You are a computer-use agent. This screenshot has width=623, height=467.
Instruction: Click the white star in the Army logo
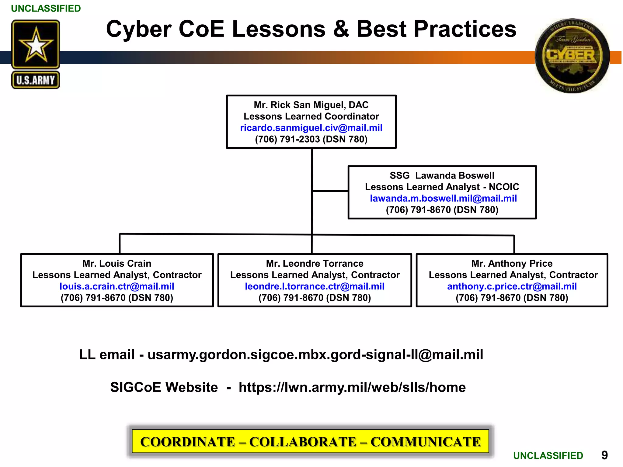pos(36,46)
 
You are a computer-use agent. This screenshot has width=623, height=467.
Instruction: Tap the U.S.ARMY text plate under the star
pos(36,80)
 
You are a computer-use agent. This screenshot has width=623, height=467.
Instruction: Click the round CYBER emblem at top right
pos(572,56)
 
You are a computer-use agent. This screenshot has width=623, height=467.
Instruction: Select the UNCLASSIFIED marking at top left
pos(46,9)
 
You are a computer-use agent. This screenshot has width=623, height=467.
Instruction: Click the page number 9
pos(604,455)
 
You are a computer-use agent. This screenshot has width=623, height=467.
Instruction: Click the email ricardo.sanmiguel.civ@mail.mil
pos(311,128)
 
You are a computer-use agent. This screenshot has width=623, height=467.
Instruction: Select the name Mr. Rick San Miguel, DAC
pos(311,105)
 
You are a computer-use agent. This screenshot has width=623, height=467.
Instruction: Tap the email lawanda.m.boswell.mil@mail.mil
pos(443,198)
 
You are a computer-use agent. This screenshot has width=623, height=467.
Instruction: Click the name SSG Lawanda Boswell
pos(442,175)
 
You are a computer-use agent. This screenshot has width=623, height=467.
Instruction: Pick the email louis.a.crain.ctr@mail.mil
pos(117,286)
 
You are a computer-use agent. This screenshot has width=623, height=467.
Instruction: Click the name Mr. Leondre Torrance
pos(315,263)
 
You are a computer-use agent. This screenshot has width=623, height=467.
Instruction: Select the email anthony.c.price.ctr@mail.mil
pos(512,286)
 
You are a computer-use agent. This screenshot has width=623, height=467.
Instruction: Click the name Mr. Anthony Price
pos(512,263)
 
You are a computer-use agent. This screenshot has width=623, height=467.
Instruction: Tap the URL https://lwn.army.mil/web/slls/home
pos(352,387)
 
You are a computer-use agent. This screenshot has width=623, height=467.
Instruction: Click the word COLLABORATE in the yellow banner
pos(303,442)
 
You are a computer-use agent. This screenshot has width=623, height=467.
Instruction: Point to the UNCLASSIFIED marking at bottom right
pos(548,455)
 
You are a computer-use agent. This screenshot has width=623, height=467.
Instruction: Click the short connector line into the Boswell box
pos(330,191)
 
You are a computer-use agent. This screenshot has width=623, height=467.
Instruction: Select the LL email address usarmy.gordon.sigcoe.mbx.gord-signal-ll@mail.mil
pos(315,355)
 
